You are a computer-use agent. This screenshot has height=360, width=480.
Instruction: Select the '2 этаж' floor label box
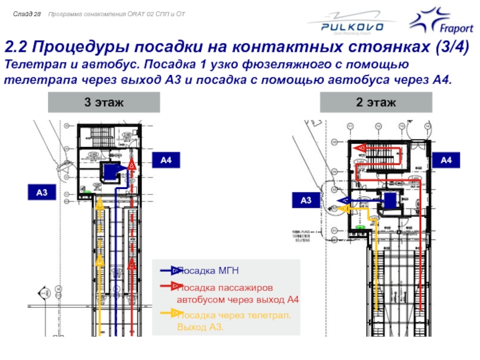[376, 103]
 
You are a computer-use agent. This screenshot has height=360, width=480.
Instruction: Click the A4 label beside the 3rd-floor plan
[166, 160]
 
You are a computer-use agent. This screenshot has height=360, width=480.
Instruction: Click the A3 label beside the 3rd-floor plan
[42, 193]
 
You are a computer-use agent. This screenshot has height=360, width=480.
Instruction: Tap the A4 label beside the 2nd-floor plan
[446, 160]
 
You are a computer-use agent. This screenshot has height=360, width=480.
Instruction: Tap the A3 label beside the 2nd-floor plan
[306, 200]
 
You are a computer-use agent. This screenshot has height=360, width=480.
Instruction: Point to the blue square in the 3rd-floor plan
[110, 172]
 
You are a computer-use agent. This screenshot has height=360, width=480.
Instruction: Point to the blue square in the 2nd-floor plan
[390, 200]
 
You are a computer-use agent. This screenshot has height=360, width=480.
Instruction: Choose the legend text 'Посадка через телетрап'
[235, 315]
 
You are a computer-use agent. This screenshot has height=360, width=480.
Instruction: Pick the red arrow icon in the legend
[175, 286]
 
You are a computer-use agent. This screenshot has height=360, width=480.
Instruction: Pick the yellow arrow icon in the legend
[175, 313]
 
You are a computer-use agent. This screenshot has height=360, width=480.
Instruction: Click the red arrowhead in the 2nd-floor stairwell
[361, 148]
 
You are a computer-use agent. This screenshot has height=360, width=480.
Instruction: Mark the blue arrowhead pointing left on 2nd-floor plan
[344, 200]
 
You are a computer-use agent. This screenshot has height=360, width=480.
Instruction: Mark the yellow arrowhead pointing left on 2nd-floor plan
[343, 208]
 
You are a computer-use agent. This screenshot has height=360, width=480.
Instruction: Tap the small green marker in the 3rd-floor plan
[87, 192]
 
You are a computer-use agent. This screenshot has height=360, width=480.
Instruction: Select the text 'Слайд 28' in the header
[26, 13]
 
